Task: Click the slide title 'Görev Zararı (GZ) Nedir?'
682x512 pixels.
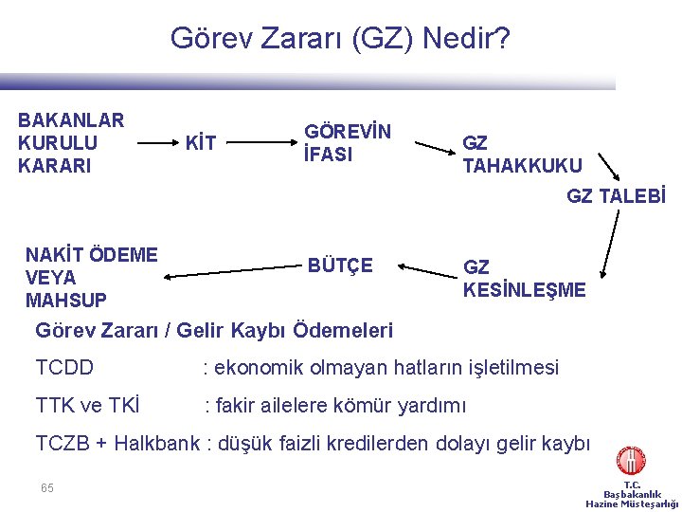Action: click(340, 39)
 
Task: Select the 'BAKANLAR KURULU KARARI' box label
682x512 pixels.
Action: click(71, 143)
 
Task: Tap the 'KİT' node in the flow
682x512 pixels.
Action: click(200, 144)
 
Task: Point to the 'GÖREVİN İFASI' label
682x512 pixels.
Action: click(347, 143)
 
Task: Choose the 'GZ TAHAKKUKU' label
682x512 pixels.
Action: click(522, 155)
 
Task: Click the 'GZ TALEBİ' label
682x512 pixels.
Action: click(616, 196)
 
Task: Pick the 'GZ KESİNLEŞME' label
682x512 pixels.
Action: click(524, 279)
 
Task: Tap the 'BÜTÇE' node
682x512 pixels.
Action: click(340, 265)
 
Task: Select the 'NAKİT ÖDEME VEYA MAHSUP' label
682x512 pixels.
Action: click(91, 278)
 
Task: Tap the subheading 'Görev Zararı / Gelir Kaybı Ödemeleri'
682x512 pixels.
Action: click(214, 331)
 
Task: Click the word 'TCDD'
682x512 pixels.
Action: click(64, 367)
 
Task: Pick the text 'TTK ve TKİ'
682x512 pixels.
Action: click(87, 406)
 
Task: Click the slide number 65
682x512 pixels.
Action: click(47, 487)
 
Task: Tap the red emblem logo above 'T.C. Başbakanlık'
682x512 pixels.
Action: click(631, 461)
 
